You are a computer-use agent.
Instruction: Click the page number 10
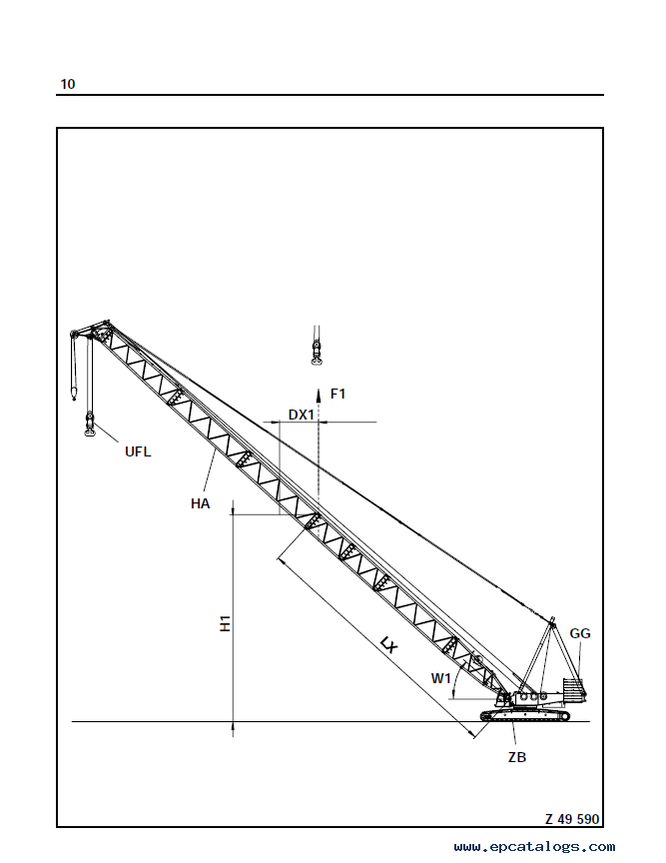(67, 84)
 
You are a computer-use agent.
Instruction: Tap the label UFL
(138, 451)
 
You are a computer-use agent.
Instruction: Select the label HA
(201, 503)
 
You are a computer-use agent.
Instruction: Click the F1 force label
(337, 394)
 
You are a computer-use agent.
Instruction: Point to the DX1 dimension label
(302, 415)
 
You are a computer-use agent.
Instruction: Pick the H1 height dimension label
(225, 623)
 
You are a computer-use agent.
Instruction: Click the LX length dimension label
(388, 644)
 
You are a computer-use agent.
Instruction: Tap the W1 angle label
(440, 678)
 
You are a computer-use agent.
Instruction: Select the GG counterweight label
(579, 633)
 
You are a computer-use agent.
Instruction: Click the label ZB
(517, 757)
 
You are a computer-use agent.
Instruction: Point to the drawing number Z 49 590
(572, 819)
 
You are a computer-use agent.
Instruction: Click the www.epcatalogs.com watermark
(534, 846)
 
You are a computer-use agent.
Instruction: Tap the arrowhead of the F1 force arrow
(319, 394)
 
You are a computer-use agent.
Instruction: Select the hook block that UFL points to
(89, 425)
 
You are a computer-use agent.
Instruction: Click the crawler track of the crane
(525, 715)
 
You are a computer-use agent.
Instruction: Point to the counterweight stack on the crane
(573, 688)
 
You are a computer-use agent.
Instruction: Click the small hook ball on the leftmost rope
(74, 394)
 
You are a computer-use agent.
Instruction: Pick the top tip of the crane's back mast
(552, 618)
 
